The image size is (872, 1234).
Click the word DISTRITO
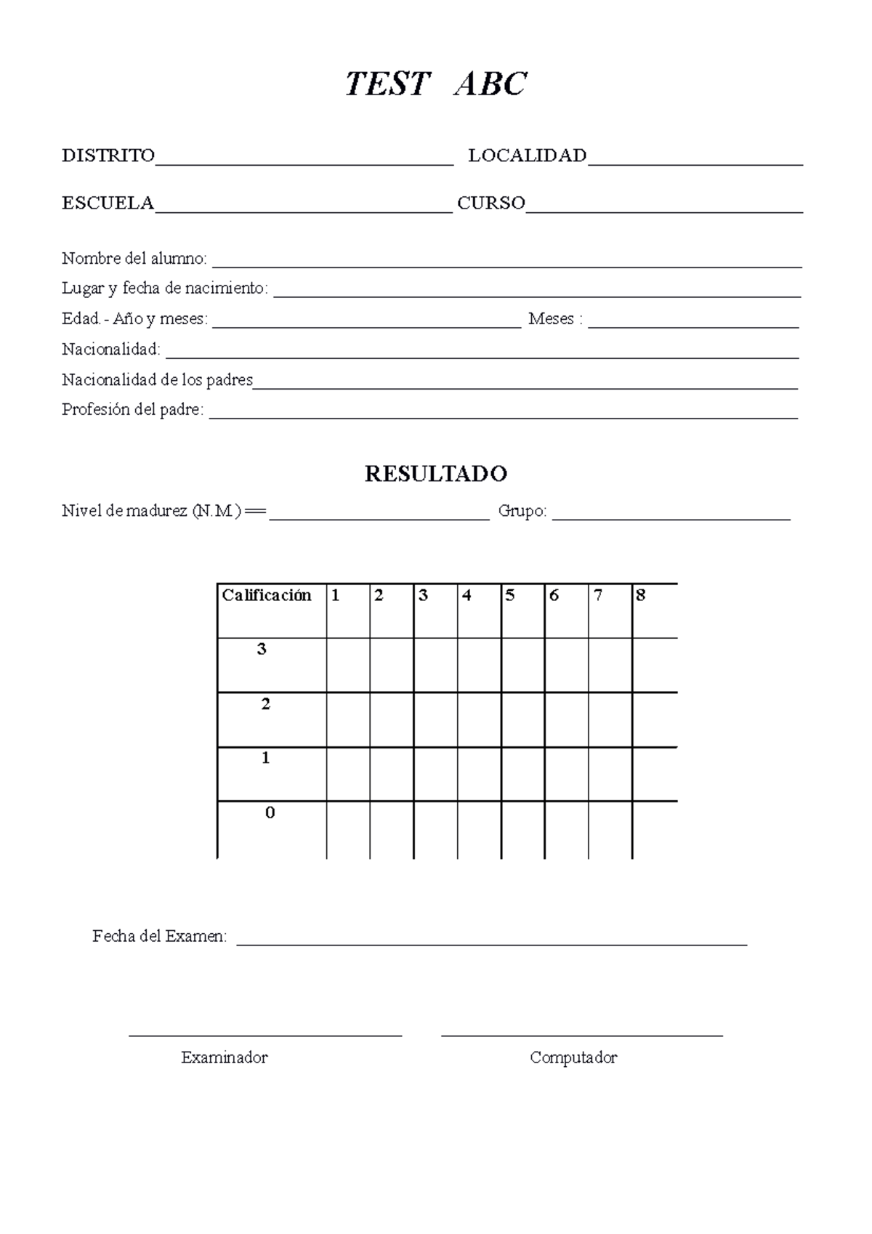click(108, 156)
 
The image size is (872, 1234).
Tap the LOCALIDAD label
click(527, 156)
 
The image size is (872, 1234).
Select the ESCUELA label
click(108, 203)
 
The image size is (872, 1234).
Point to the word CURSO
click(490, 203)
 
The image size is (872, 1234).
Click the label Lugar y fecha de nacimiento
click(164, 289)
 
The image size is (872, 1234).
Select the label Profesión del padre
click(132, 410)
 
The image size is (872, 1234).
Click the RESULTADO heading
click(435, 474)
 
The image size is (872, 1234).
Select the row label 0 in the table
click(270, 813)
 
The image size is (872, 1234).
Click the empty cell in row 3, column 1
click(348, 665)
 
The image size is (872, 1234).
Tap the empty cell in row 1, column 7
click(610, 774)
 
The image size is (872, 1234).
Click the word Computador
click(573, 1058)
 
